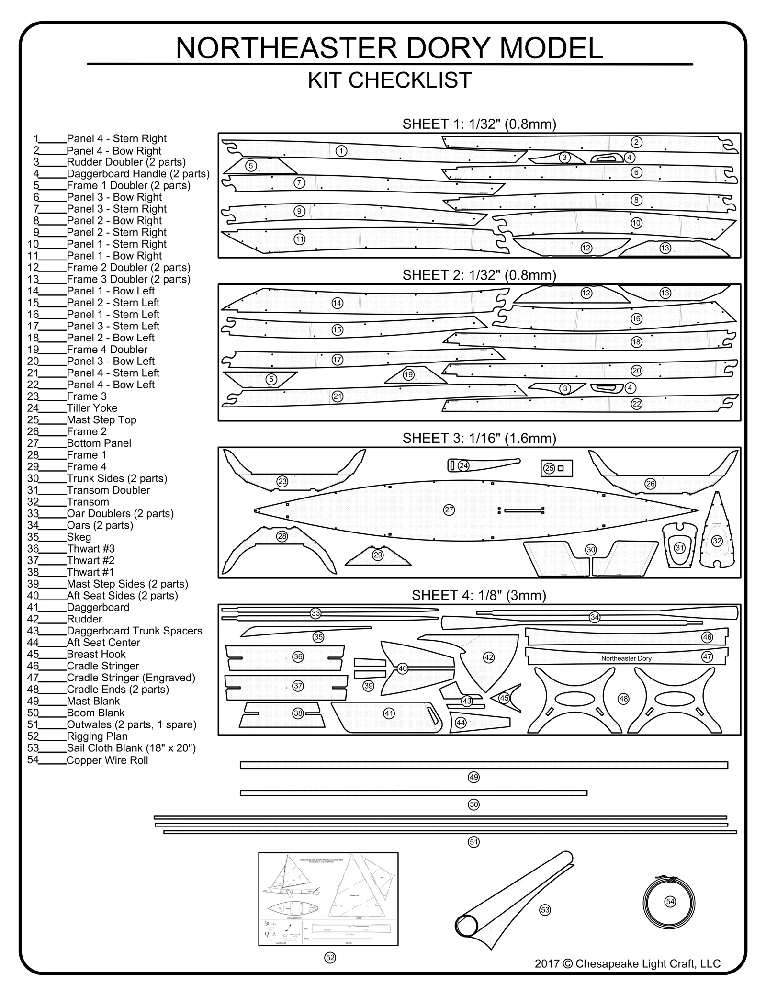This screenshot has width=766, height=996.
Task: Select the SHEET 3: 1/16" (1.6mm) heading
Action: pyautogui.click(x=479, y=438)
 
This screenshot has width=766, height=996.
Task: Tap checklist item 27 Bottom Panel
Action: pyautogui.click(x=99, y=443)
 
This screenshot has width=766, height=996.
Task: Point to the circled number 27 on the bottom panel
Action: pyautogui.click(x=449, y=510)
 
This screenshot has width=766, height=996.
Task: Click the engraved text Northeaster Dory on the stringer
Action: pyautogui.click(x=626, y=658)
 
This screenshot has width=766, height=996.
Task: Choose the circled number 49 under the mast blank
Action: pyautogui.click(x=473, y=777)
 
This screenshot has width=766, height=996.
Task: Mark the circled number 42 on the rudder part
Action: pyautogui.click(x=489, y=657)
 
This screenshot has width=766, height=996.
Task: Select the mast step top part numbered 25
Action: pyautogui.click(x=556, y=468)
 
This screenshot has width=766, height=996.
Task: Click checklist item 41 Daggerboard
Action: pyautogui.click(x=98, y=608)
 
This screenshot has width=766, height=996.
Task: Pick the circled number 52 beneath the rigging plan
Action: pyautogui.click(x=330, y=958)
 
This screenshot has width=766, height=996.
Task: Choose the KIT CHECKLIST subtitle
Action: pyautogui.click(x=390, y=80)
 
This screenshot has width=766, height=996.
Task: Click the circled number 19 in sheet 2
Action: pyautogui.click(x=408, y=375)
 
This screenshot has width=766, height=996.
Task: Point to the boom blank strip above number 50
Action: pyautogui.click(x=413, y=793)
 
